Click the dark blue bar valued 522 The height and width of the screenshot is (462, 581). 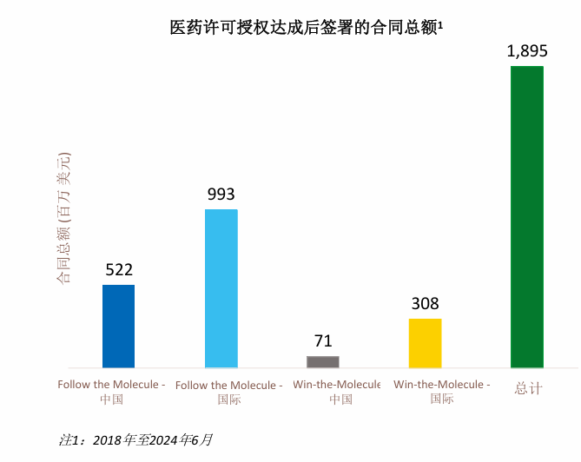(118, 326)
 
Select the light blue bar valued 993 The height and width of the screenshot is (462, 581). (221, 288)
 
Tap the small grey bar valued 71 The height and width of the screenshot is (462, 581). (323, 361)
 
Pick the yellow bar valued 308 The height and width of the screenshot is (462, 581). (425, 343)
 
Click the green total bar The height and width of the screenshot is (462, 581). (527, 216)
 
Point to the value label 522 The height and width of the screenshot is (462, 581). (119, 269)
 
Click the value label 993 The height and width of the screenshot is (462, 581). (221, 194)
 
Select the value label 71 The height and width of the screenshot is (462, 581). (323, 341)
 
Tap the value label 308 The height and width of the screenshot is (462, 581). (426, 304)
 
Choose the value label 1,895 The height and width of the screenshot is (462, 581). (527, 51)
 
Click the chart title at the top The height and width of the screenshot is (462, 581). (304, 28)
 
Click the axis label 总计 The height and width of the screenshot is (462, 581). (527, 389)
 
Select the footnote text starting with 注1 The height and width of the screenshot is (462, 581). (135, 439)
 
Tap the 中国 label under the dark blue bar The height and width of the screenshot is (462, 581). (111, 399)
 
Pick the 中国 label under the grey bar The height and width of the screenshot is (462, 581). (340, 399)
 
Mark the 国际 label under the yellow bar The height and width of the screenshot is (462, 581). (442, 399)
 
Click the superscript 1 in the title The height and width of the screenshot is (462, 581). (441, 23)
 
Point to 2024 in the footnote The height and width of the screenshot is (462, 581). (165, 439)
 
